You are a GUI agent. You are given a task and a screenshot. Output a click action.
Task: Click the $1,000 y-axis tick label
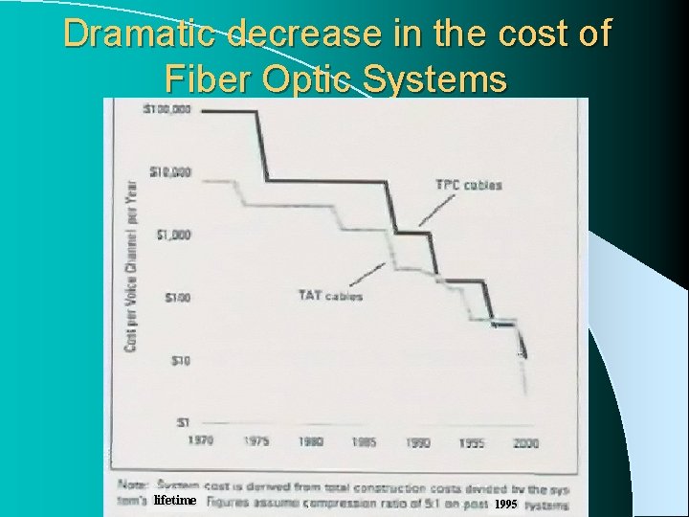click(171, 236)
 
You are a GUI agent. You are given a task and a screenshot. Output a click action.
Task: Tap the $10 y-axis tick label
click(178, 360)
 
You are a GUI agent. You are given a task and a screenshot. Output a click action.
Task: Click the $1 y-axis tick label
click(182, 421)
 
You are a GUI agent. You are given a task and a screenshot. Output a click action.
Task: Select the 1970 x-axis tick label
click(201, 442)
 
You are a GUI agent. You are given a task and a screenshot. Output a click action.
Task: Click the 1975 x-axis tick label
click(256, 442)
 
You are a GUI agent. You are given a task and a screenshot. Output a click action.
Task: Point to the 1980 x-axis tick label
click(310, 442)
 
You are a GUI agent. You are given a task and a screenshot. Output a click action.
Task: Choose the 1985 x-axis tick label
click(364, 442)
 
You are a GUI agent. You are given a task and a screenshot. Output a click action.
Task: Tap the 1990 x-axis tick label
click(418, 442)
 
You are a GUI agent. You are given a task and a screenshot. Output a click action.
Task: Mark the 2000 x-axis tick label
click(525, 442)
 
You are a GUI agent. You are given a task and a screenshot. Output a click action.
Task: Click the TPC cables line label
click(468, 185)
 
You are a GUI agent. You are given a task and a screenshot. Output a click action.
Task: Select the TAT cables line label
click(330, 295)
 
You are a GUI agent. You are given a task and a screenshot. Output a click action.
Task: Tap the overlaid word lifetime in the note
click(174, 501)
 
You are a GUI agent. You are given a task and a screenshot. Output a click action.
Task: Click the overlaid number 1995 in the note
click(505, 504)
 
